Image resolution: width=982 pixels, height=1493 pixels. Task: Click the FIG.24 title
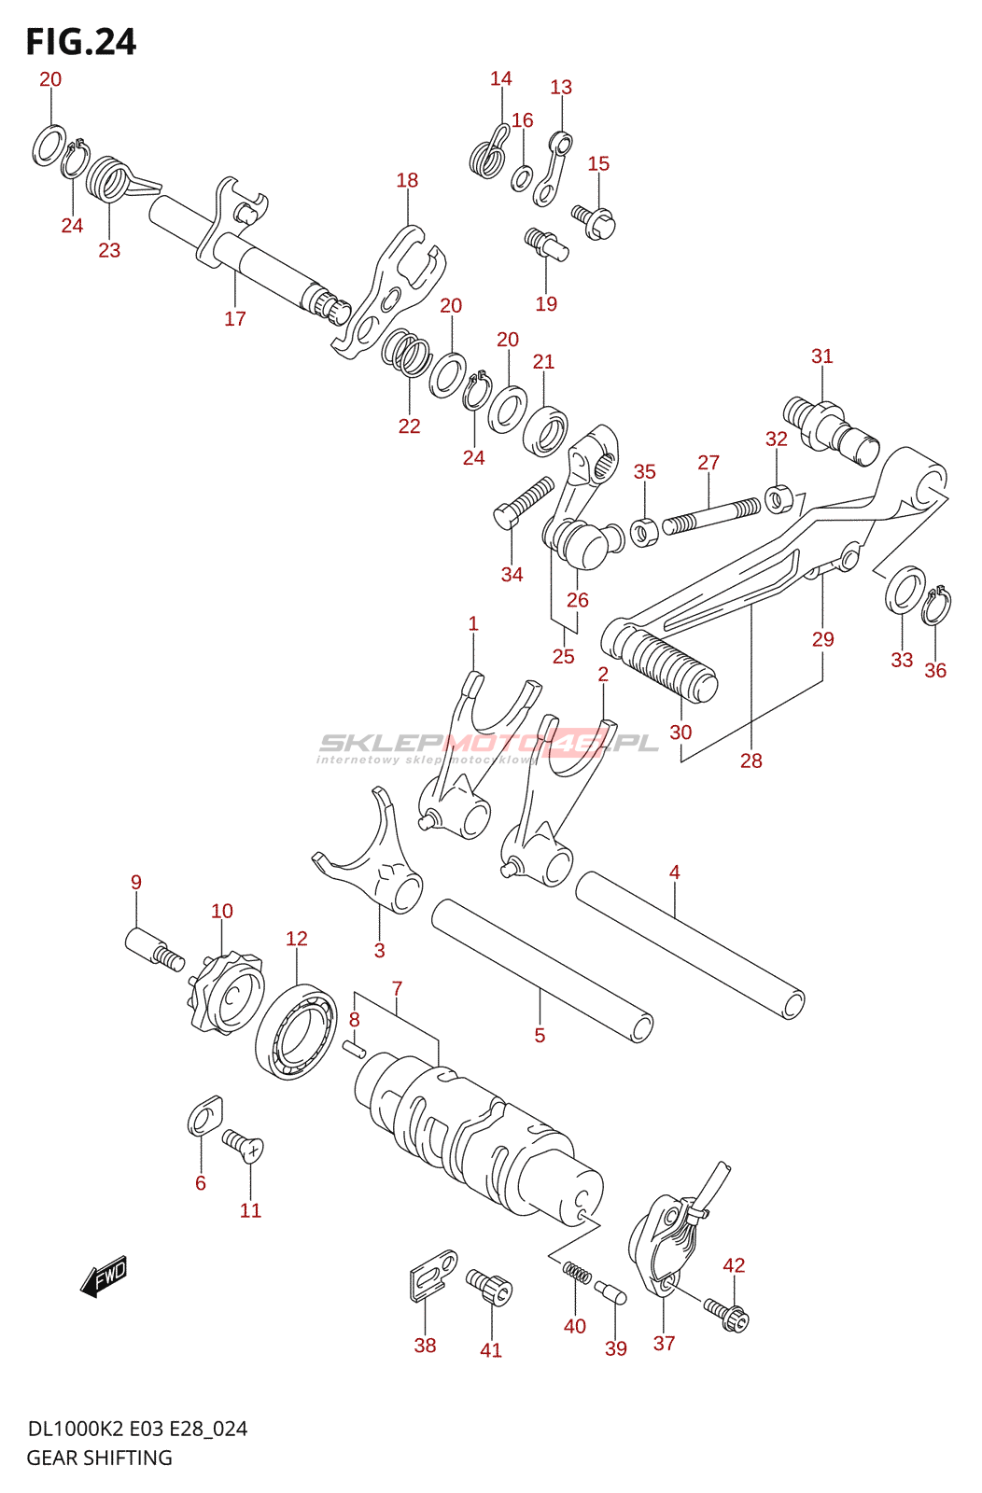pyautogui.click(x=80, y=42)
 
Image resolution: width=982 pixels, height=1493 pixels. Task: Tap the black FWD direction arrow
pyautogui.click(x=104, y=1276)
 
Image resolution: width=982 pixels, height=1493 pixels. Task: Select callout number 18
pyautogui.click(x=407, y=180)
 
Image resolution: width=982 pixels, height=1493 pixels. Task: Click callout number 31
pyautogui.click(x=821, y=356)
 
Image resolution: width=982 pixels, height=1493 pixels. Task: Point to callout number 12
pyautogui.click(x=296, y=939)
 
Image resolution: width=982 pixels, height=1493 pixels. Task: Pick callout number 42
pyautogui.click(x=734, y=1265)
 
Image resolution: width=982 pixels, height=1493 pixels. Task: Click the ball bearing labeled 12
pyautogui.click(x=296, y=1032)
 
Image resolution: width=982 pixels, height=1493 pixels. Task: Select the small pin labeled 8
pyautogui.click(x=354, y=1047)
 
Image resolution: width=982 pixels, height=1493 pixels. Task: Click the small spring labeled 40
pyautogui.click(x=576, y=1273)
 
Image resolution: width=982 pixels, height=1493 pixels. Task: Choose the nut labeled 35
pyautogui.click(x=642, y=533)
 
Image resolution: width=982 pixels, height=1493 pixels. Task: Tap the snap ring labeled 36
pyautogui.click(x=936, y=606)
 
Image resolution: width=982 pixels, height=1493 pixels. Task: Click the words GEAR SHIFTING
pyautogui.click(x=99, y=1458)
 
